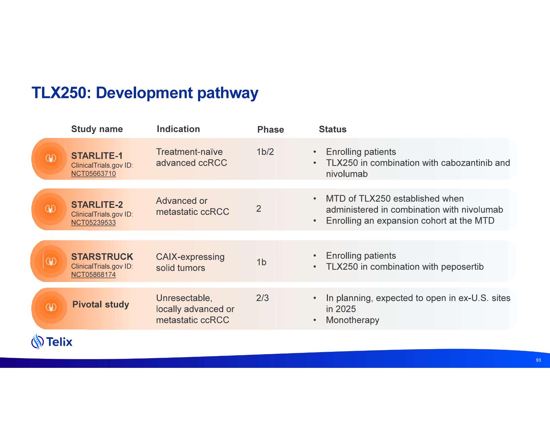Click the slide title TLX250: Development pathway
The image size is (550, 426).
coord(145,93)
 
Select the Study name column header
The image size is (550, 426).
coord(97,129)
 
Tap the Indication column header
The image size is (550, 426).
coord(178,129)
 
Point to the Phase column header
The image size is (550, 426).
coord(270,130)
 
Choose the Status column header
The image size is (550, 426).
coord(333,129)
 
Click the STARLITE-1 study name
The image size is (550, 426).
coord(97,156)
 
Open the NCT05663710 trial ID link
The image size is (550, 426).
coord(93,174)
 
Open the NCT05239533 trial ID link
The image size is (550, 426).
coord(93,223)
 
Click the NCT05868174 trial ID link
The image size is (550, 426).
coord(93,274)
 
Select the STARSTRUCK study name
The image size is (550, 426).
coord(102,257)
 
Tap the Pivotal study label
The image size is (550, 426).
coord(101,304)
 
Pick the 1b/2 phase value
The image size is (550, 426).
coord(265,152)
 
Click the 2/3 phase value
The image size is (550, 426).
coord(262,298)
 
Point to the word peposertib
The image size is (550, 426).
coord(462,267)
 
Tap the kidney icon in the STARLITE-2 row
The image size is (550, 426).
coord(50,209)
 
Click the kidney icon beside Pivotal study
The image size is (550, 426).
coord(51,308)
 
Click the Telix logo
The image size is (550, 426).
coord(52,341)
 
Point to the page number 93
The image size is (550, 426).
coord(538,360)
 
